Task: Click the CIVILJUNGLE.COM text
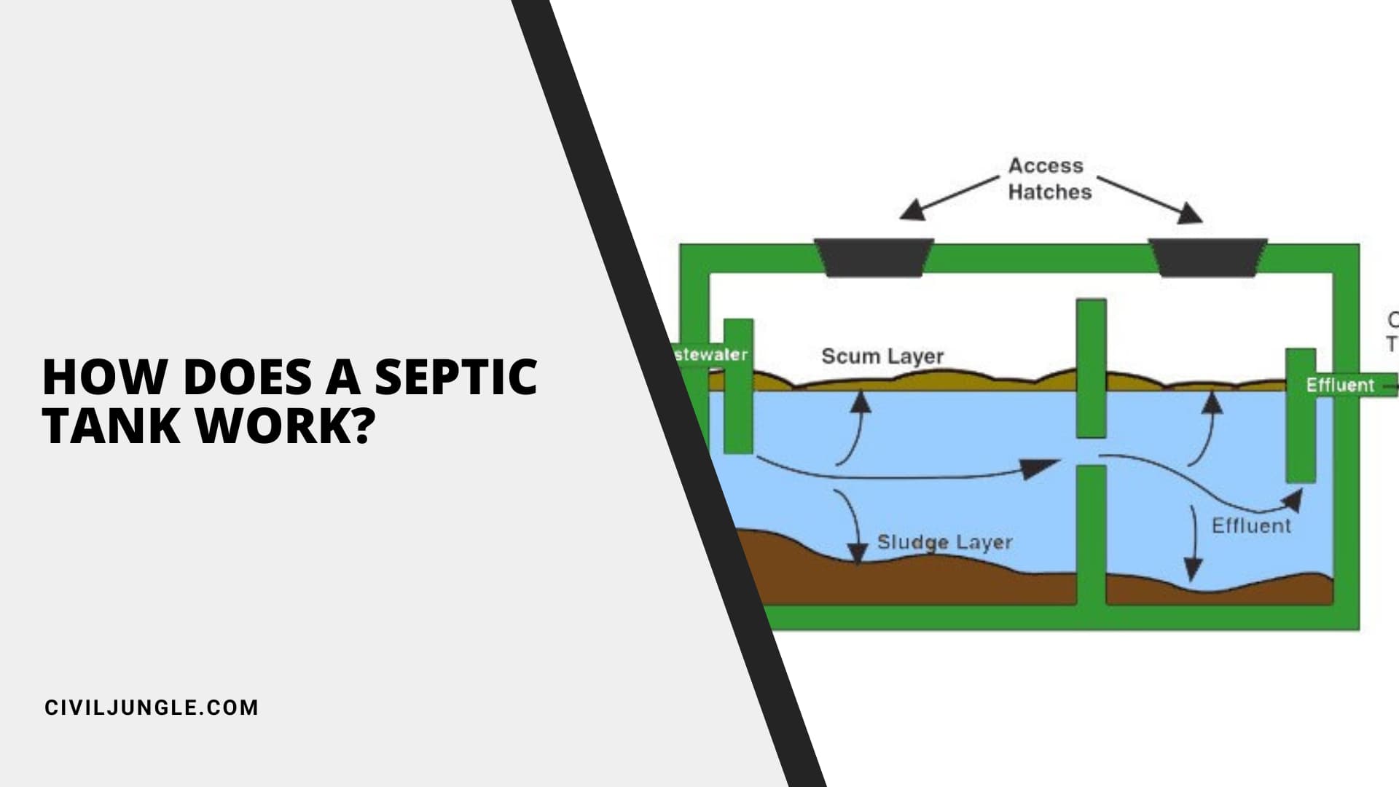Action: point(152,708)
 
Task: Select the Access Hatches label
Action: point(1049,179)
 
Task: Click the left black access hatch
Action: point(874,257)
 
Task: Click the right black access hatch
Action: point(1207,257)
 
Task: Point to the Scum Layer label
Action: point(882,356)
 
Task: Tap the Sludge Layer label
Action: point(944,542)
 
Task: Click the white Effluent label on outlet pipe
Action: point(1340,385)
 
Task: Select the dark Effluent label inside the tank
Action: point(1250,525)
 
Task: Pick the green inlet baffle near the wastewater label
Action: point(738,386)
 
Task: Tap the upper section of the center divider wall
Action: point(1091,368)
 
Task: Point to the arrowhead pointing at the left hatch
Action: point(913,211)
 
